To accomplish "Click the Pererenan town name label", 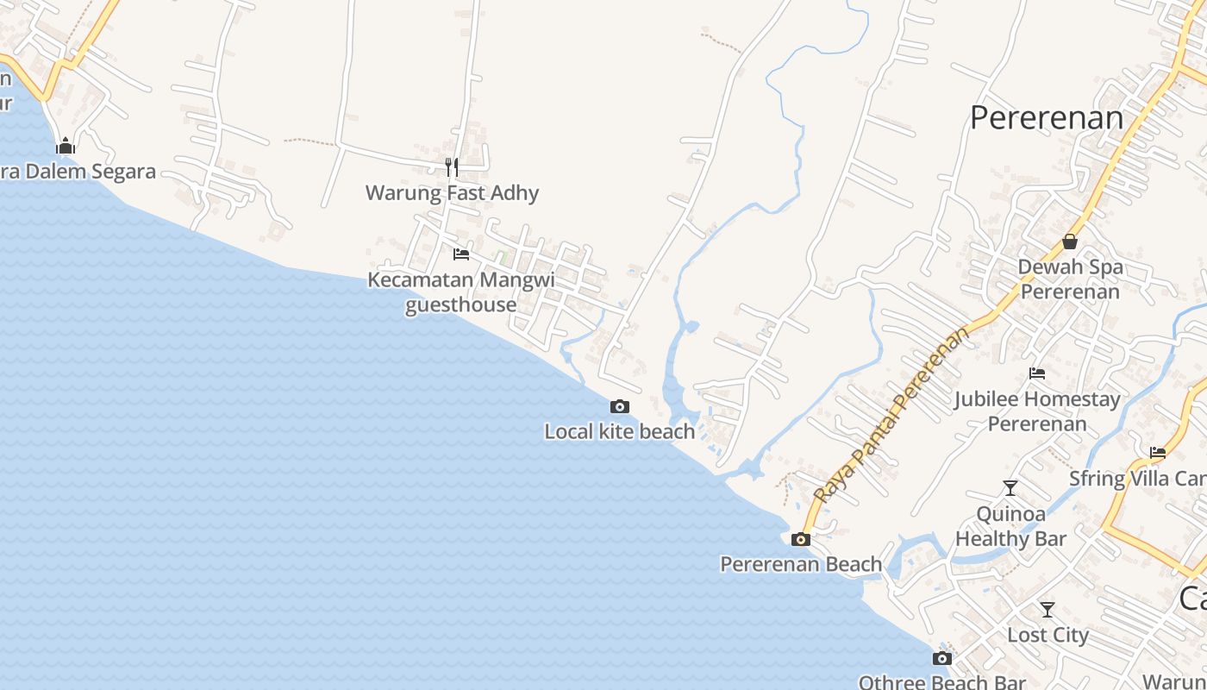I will pos(1047,118).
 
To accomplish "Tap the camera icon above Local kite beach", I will pos(619,406).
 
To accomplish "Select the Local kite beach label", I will pos(619,431).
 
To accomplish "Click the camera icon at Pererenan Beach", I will pos(801,540).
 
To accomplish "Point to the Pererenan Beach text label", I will pos(801,564).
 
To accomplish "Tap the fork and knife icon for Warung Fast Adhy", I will pos(452,167).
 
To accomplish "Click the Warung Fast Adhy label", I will pos(452,192).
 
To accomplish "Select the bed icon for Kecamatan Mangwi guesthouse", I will pos(461,254).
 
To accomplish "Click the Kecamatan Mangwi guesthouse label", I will pos(461,292).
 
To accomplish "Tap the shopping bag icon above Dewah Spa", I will pos(1070,241).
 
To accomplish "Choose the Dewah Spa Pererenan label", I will pos(1070,279).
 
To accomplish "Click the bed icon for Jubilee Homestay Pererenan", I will pos(1037,373).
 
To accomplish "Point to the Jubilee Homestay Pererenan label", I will pos(1037,411).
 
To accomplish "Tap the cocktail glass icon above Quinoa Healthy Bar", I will pos(1010,488).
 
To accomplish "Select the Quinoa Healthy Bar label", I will pos(1010,526).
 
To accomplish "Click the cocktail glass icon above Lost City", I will pos(1048,610).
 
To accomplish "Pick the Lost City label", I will pos(1048,635).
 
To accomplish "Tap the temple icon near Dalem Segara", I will pos(66,146).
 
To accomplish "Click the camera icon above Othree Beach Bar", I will pos(942,659).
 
